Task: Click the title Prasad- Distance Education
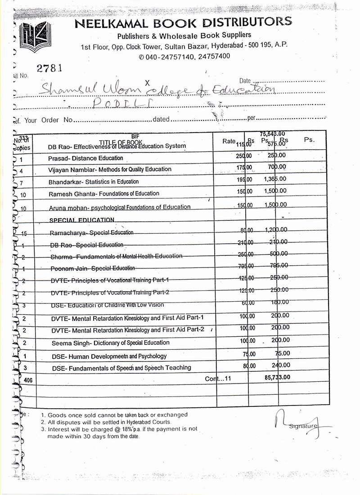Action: (85, 158)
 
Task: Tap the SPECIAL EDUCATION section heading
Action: (81, 220)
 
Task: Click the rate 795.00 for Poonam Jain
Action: (246, 266)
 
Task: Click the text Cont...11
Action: (218, 379)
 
